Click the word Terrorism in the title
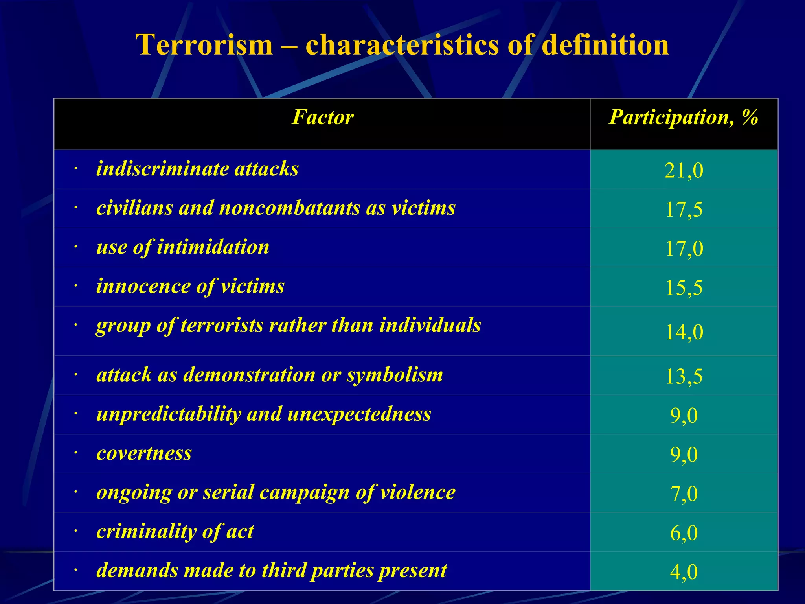[x=204, y=45]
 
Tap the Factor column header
[x=322, y=117]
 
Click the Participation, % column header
[x=684, y=117]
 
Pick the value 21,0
[x=684, y=171]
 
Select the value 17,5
[x=684, y=209]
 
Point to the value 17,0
[x=684, y=249]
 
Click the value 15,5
[x=684, y=287]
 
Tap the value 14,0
[x=684, y=332]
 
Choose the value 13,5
[x=684, y=376]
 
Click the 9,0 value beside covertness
[x=684, y=455]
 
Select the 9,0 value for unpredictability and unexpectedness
[x=684, y=415]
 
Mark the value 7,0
[x=684, y=494]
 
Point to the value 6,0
[x=684, y=533]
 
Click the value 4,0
[x=684, y=572]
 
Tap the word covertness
[x=144, y=453]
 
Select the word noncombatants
[x=289, y=208]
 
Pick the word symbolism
[x=395, y=375]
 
